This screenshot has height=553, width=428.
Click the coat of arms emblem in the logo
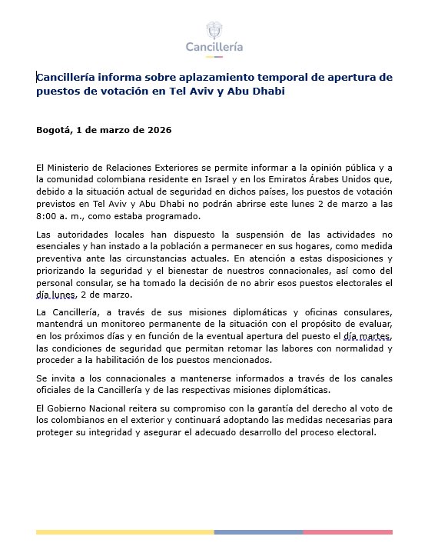tap(214, 31)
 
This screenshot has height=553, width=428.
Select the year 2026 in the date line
tap(158, 129)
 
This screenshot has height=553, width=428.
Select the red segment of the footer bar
tap(347, 531)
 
